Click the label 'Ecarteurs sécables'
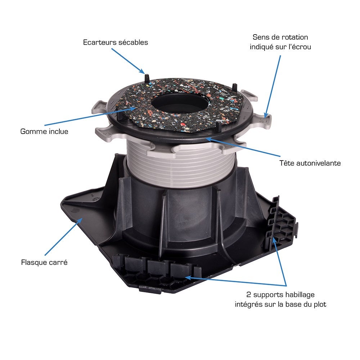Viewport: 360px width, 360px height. click(116, 42)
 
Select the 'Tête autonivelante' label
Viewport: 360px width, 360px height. click(310, 163)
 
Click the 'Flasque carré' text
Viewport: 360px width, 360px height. click(44, 262)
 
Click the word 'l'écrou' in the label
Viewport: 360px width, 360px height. click(300, 46)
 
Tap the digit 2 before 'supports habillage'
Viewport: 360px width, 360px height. click(249, 294)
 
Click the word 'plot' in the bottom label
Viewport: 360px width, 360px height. click(320, 305)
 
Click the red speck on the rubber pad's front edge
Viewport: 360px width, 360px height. click(183, 125)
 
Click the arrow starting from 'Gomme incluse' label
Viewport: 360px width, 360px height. click(90, 116)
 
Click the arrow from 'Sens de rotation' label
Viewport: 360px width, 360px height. click(272, 86)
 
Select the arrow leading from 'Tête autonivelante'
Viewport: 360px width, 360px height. click(243, 147)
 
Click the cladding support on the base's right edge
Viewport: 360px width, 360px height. click(282, 224)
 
